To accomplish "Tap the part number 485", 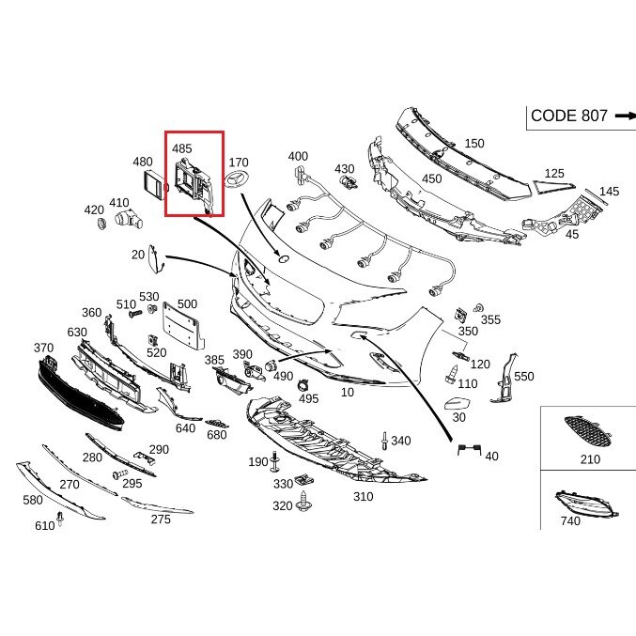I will click(x=181, y=148).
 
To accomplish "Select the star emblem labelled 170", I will click(x=237, y=181).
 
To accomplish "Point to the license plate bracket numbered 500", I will click(x=182, y=331).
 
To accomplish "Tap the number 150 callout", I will click(x=474, y=144).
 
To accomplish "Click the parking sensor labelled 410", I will click(x=128, y=219).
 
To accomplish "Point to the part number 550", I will click(x=523, y=377).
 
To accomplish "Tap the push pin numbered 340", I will click(x=385, y=441).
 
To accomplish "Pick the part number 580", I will click(x=33, y=501).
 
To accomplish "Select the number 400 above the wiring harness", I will click(x=298, y=157).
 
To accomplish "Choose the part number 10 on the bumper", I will click(x=348, y=392).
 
